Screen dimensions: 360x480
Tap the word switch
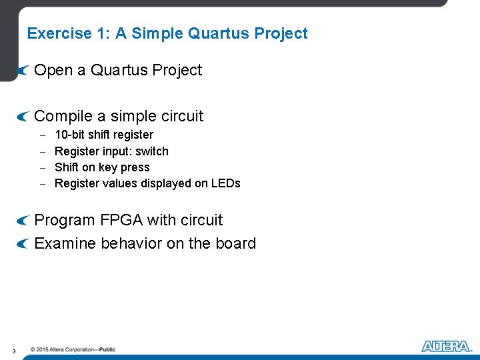(152, 151)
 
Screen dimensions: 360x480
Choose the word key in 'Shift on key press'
(108, 167)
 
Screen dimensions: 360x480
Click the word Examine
(65, 243)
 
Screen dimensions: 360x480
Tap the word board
(235, 243)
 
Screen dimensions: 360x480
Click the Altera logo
(446, 346)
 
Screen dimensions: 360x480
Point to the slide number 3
(14, 351)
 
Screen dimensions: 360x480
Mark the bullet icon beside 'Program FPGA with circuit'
(23, 221)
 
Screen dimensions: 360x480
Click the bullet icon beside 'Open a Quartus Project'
(23, 71)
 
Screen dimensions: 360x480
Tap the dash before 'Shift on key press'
(42, 168)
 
